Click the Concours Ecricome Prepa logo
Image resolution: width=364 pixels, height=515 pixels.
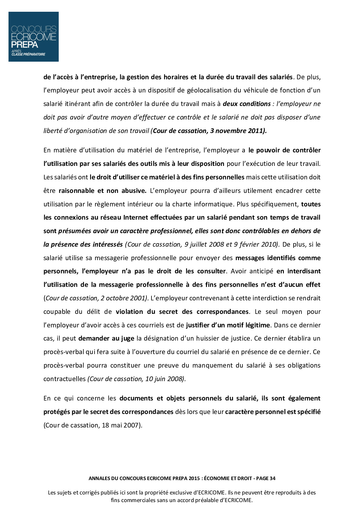(x=33, y=37)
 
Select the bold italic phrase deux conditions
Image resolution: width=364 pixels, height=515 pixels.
(x=247, y=104)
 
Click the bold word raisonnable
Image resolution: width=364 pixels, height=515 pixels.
(x=76, y=191)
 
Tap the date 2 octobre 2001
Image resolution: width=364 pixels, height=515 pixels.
(x=123, y=298)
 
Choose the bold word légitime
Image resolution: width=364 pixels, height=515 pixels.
(x=257, y=325)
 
